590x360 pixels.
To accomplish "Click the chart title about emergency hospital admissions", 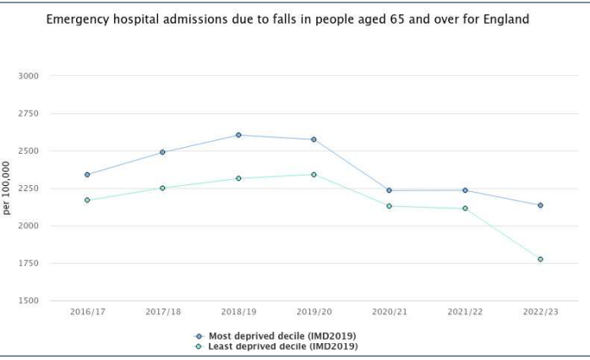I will click(x=287, y=19).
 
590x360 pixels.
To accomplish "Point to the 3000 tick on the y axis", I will click(x=29, y=76).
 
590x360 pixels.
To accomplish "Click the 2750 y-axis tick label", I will click(x=29, y=113).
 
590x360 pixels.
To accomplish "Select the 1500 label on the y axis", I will click(x=29, y=301).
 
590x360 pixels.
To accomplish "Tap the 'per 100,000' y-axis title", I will click(x=7, y=188).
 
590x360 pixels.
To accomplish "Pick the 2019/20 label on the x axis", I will click(x=314, y=312).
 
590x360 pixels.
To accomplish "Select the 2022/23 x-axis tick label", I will click(x=540, y=312).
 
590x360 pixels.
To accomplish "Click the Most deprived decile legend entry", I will click(x=276, y=335).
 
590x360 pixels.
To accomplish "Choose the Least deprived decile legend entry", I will click(x=276, y=346).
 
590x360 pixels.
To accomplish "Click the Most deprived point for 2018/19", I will click(x=238, y=135).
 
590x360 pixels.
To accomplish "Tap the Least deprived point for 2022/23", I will click(x=540, y=259).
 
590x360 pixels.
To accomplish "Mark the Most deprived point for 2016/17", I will click(x=87, y=175).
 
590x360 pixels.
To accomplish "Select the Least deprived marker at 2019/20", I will click(x=314, y=175).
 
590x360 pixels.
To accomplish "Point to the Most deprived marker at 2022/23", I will click(x=540, y=205).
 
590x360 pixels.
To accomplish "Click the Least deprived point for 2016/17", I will click(x=87, y=200).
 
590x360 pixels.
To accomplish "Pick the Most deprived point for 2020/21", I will click(x=389, y=190).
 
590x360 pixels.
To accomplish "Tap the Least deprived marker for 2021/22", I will click(x=465, y=209).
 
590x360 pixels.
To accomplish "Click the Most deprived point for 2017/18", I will click(x=162, y=152).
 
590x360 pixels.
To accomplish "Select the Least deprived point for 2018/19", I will click(x=238, y=178).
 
